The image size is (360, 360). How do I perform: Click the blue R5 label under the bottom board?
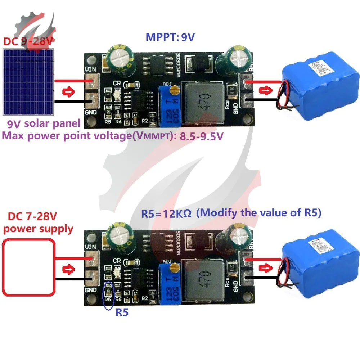[122, 312]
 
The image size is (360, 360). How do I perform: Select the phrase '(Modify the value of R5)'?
[259, 213]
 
